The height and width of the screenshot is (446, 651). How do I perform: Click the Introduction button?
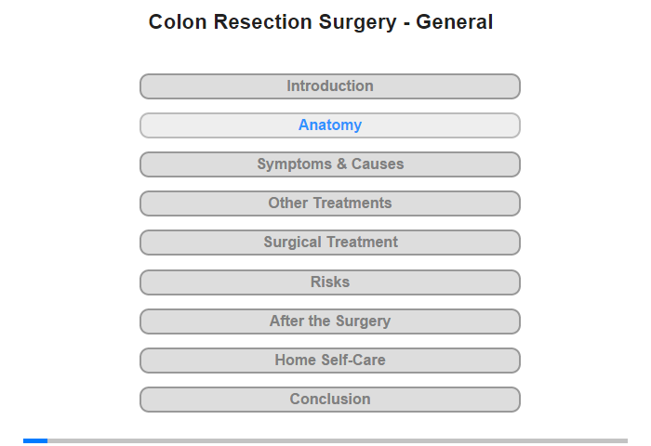(x=330, y=86)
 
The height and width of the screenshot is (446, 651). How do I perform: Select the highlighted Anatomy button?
(x=330, y=125)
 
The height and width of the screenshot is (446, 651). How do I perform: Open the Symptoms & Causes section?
(x=330, y=164)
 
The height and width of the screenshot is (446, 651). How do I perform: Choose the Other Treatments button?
(x=330, y=203)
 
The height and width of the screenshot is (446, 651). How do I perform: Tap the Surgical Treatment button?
(x=330, y=243)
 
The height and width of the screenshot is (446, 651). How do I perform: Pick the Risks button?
(x=330, y=282)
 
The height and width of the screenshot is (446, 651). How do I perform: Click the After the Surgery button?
(x=330, y=321)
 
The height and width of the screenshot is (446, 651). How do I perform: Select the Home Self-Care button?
(x=330, y=361)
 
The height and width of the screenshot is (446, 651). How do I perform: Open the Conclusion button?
(x=330, y=400)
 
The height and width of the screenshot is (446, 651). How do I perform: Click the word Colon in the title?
(x=178, y=22)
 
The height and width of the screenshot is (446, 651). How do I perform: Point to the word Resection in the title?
(x=263, y=22)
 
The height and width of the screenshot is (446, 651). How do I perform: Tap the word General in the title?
(x=454, y=22)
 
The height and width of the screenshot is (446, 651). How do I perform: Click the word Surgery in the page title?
(x=357, y=23)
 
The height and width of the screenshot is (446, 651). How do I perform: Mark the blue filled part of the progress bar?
(x=35, y=440)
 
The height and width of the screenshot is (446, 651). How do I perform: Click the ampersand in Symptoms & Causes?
(x=341, y=164)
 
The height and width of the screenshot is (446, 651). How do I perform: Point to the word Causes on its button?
(x=378, y=164)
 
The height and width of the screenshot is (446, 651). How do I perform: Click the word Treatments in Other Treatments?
(x=352, y=203)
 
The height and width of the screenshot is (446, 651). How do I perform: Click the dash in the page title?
(x=406, y=24)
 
